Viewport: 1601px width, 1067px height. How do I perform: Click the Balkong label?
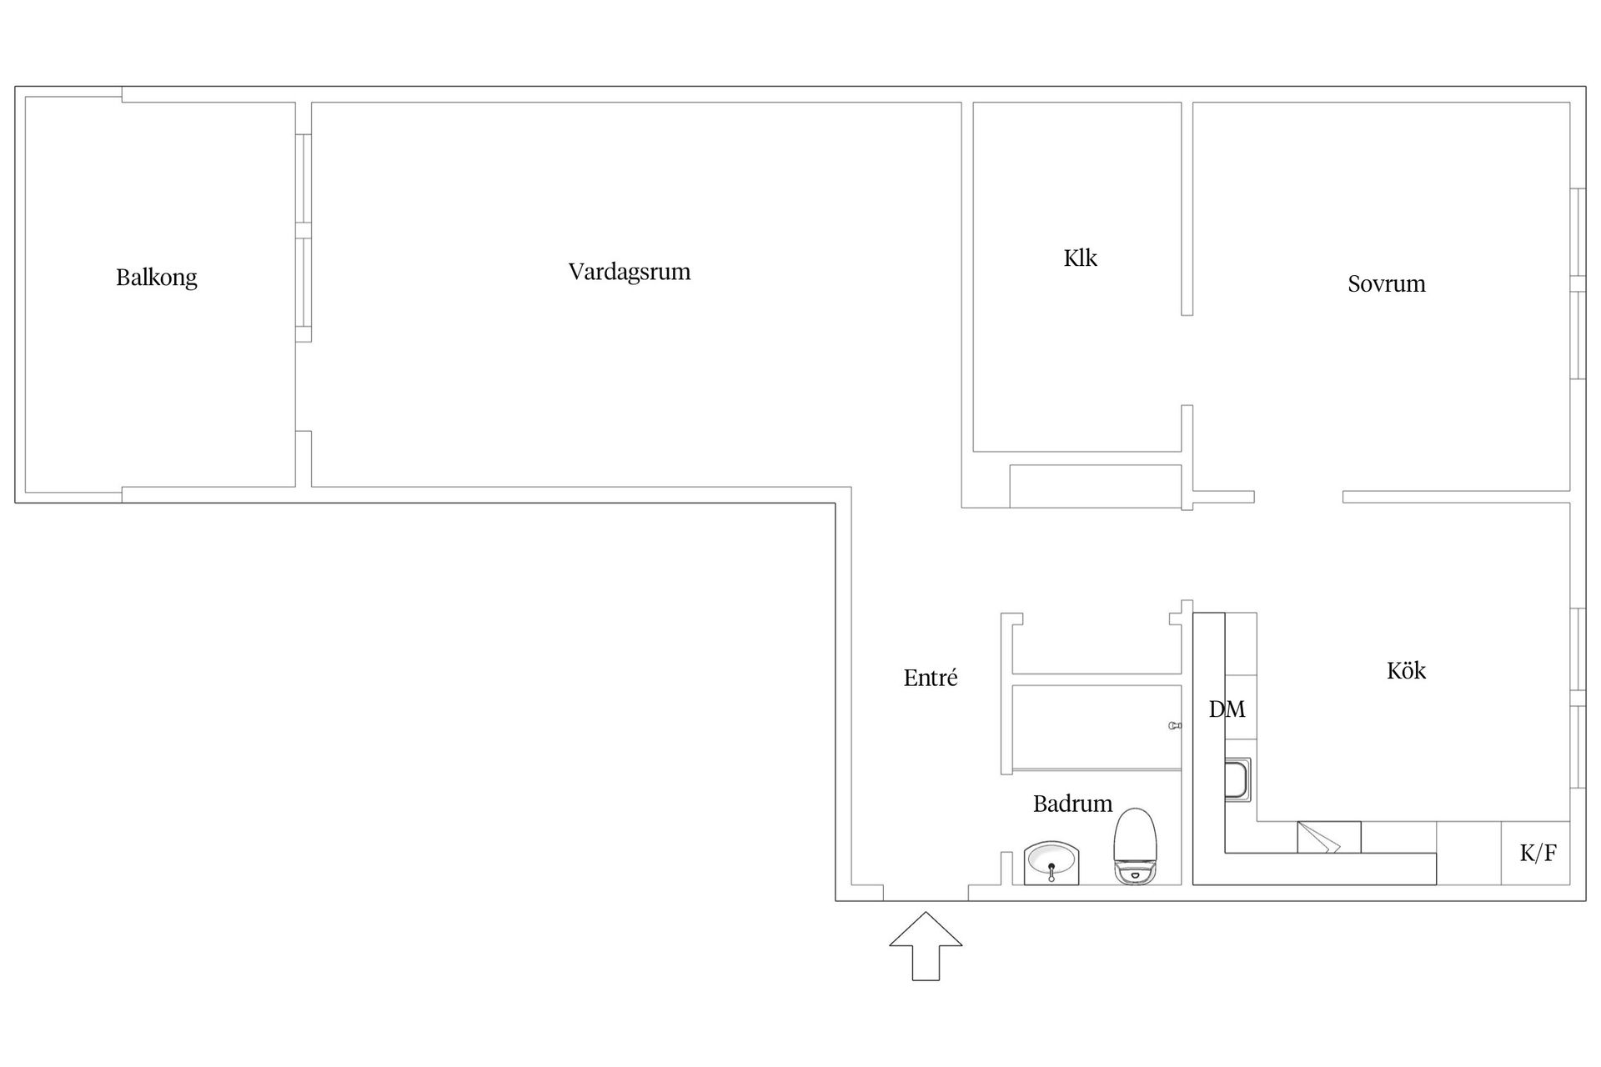pos(157,278)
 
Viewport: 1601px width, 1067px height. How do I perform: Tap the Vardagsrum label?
pos(630,272)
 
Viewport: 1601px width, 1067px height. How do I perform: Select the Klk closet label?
pos(1080,258)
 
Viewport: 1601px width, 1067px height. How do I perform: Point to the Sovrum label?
pos(1386,284)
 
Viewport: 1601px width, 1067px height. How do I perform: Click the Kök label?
pos(1406,671)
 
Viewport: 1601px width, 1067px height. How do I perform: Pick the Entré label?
pos(931,679)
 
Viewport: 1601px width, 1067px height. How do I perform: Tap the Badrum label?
pos(1072,804)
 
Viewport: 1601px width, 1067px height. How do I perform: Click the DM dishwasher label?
pos(1227,709)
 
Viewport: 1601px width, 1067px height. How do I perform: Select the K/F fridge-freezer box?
pos(1536,853)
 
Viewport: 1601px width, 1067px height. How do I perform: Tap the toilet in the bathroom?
pos(1136,846)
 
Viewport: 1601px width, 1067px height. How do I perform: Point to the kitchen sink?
pos(1238,780)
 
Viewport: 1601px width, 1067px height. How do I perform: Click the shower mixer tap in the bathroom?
pos(1175,726)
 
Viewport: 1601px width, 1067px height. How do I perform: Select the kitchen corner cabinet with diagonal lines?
pos(1328,837)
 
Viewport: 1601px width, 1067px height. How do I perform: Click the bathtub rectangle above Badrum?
pos(1097,727)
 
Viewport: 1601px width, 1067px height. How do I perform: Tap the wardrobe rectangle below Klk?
pos(1096,486)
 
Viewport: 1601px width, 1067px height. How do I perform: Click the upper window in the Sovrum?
pos(1577,233)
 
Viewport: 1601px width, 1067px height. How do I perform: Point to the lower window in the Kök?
pos(1577,747)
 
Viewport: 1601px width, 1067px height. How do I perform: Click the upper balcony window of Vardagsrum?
pos(304,178)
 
